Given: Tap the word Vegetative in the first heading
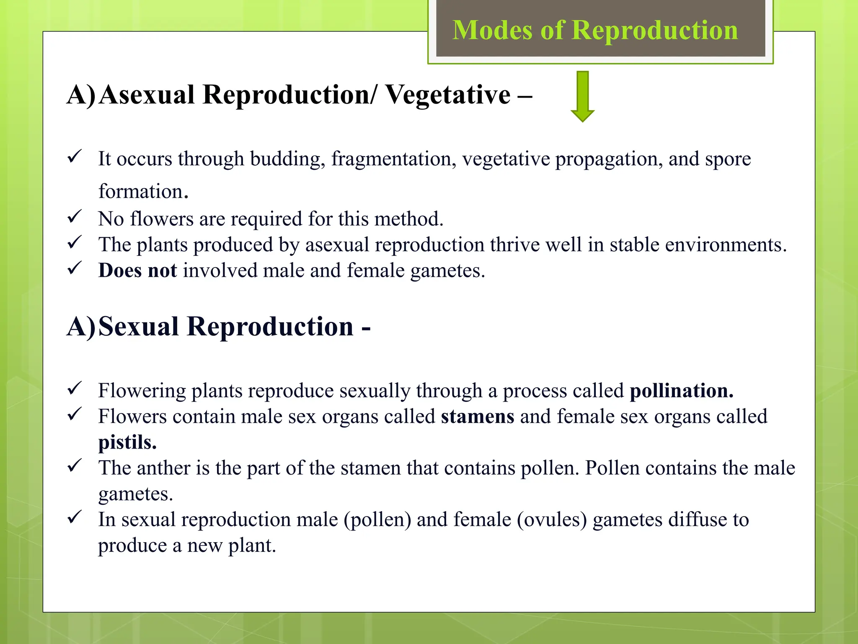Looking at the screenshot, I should tap(448, 94).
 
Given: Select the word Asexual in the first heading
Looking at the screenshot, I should tap(147, 94).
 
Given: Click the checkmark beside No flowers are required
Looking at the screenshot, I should tap(74, 217).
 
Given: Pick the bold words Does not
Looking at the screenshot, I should tap(137, 270).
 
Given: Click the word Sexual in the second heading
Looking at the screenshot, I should tap(139, 327).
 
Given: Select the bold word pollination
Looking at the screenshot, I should tap(682, 391).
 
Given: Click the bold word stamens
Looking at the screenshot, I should tap(477, 417).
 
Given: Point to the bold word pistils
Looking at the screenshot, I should tap(127, 442).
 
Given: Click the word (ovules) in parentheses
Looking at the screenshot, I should tap(552, 520).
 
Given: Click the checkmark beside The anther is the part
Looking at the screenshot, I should tap(74, 465).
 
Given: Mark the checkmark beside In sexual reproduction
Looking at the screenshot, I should tap(74, 517).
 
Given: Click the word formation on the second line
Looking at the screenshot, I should tap(141, 192).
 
